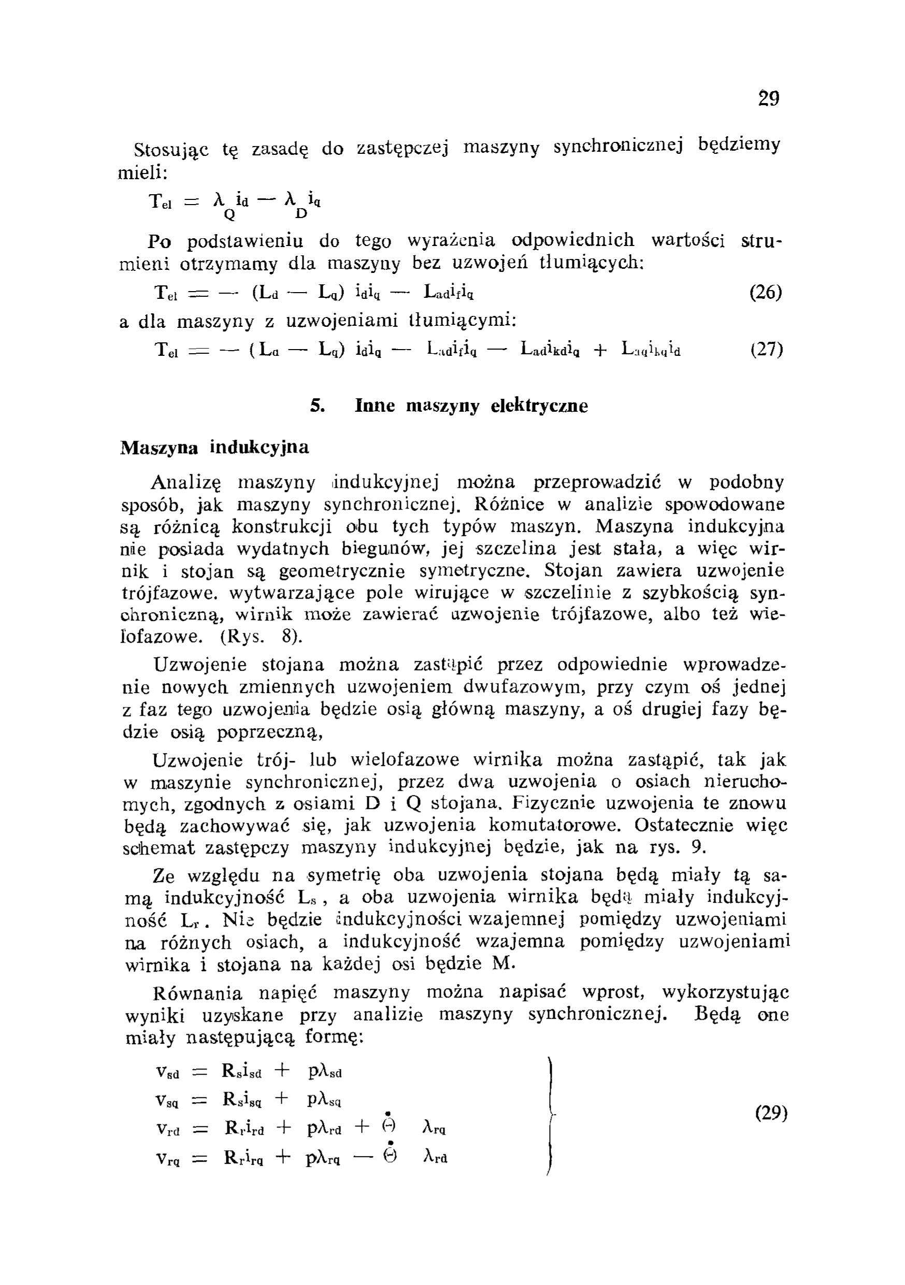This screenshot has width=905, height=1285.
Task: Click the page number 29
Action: (x=768, y=98)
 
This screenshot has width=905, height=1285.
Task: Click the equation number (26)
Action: (x=766, y=292)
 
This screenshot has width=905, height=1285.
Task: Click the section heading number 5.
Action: (x=318, y=405)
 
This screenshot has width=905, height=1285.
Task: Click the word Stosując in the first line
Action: (x=171, y=150)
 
